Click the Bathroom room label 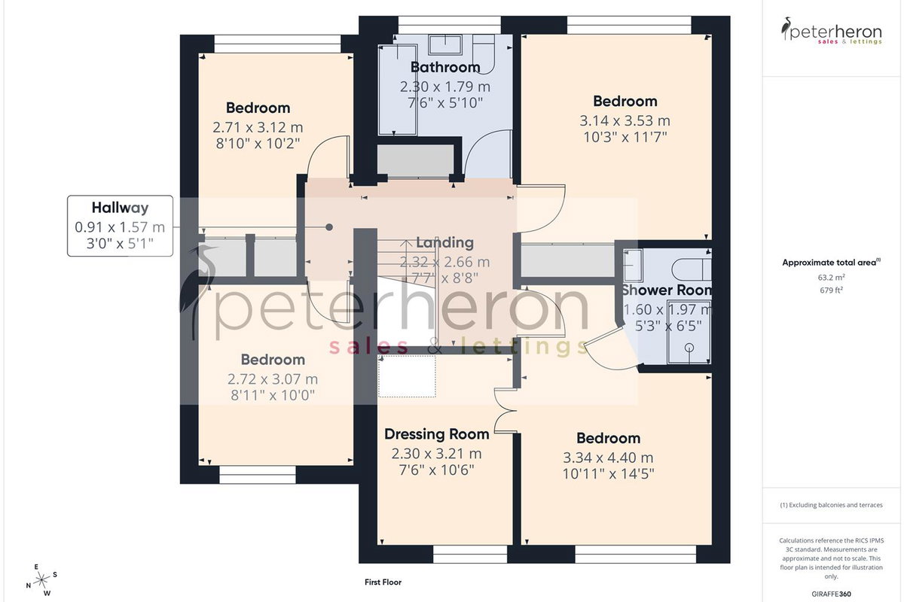445,67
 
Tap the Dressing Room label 437,434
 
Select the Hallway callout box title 121,208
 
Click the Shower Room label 667,290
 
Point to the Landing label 444,242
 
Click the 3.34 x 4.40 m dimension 608,458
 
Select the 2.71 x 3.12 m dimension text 258,127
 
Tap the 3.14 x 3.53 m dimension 625,120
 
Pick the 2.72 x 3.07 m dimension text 273,379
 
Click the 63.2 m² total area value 832,278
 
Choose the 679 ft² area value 832,290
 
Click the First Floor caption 383,582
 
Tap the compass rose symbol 41,581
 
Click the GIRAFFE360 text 832,594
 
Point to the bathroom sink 445,44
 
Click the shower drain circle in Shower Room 689,347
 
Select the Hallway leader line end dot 329,227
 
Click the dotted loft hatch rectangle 407,375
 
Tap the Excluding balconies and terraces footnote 832,505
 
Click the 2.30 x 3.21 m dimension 437,454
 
